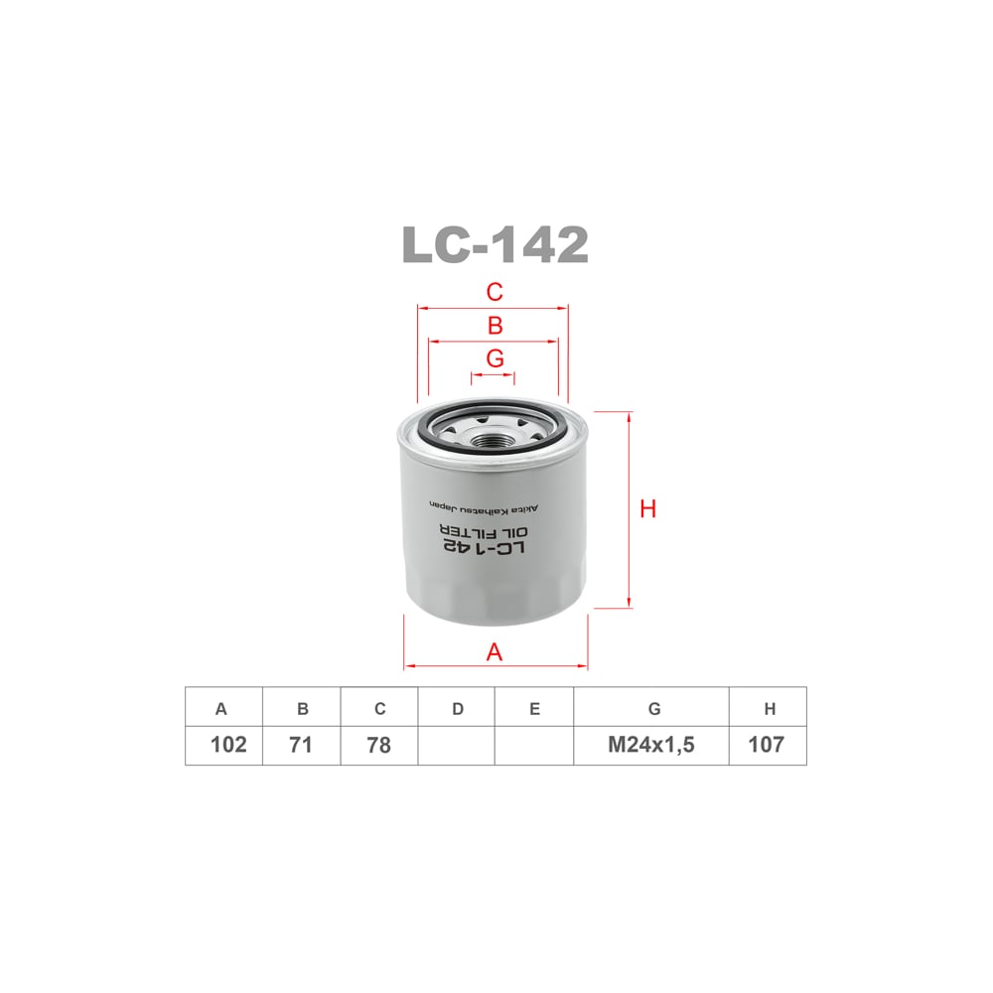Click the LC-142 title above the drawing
[x=495, y=244]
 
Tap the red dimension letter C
[x=495, y=292]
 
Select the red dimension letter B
[x=495, y=326]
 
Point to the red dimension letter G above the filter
[x=495, y=358]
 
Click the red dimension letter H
[x=648, y=509]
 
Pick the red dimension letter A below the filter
[x=495, y=652]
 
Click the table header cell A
[x=222, y=709]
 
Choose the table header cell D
[x=457, y=709]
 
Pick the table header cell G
[x=653, y=709]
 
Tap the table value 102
[x=228, y=745]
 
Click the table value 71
[x=301, y=745]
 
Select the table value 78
[x=378, y=745]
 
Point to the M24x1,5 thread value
[x=651, y=745]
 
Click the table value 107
[x=767, y=745]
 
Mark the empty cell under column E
[x=534, y=745]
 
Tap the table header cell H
[x=770, y=709]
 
